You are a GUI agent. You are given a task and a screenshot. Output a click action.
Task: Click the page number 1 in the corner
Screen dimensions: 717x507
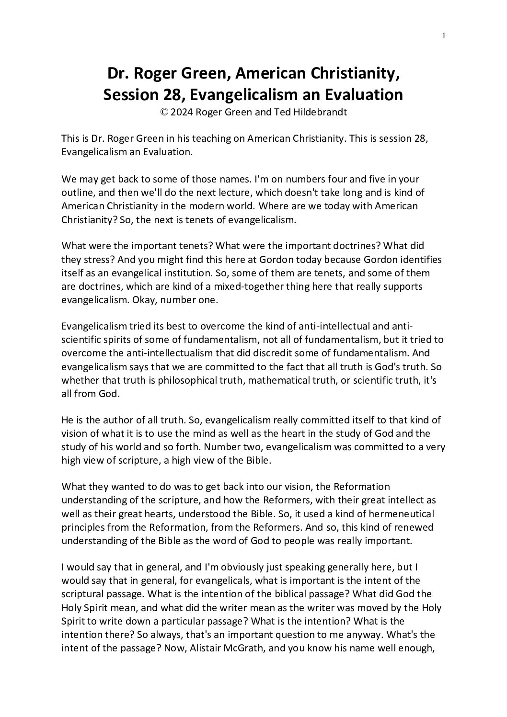(x=444, y=35)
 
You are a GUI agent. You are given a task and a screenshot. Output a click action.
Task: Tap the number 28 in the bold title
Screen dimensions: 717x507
(x=168, y=95)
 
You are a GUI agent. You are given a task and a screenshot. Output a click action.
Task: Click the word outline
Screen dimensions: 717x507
(x=77, y=193)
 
